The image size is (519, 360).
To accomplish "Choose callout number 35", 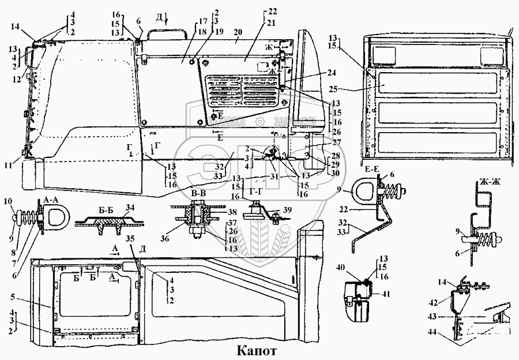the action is click(131, 237).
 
